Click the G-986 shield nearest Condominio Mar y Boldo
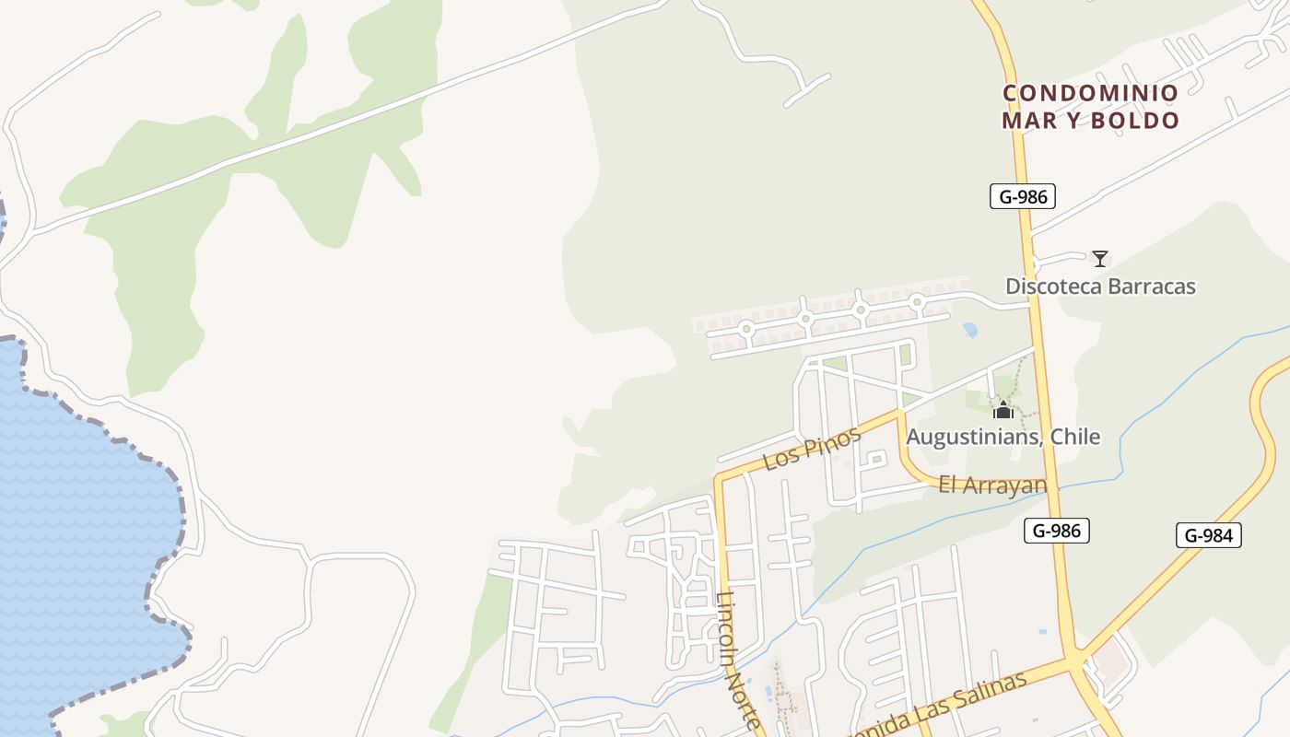point(1022,195)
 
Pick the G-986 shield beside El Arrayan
point(1056,530)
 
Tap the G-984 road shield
point(1208,535)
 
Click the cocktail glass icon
point(1099,259)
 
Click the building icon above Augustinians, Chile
point(1003,410)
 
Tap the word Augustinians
point(971,436)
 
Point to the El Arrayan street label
point(992,485)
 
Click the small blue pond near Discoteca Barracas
point(969,329)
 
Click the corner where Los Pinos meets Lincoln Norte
point(720,479)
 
